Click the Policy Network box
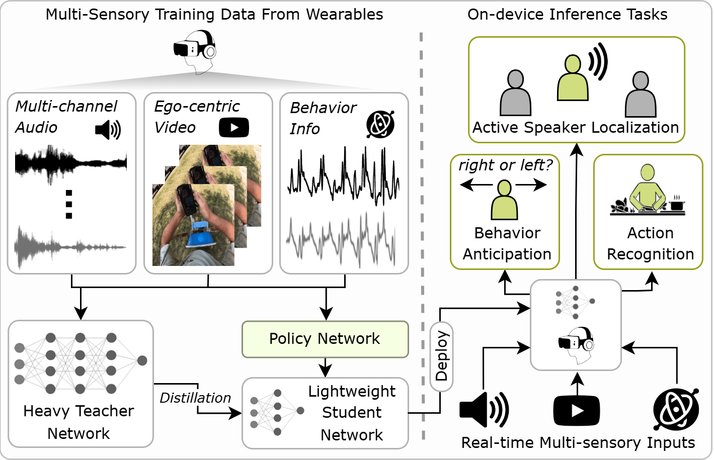tap(325, 339)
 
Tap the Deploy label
tap(441, 356)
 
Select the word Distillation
tap(195, 398)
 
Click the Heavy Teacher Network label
tap(79, 422)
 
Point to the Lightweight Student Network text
tap(352, 413)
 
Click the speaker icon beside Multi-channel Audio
tap(108, 130)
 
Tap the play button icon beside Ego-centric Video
tap(233, 128)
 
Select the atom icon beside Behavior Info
tap(380, 124)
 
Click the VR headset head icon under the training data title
tap(196, 51)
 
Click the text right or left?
tap(505, 165)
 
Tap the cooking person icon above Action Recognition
tap(648, 191)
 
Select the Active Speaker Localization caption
tap(576, 128)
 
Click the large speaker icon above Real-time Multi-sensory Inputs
tap(484, 409)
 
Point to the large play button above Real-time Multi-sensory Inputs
tap(577, 411)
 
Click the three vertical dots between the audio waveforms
tap(69, 204)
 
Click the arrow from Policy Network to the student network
tap(326, 367)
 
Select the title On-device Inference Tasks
tap(567, 15)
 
